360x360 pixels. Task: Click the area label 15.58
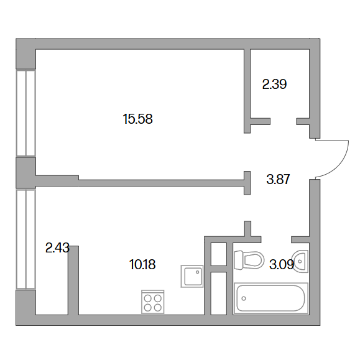[x=138, y=119]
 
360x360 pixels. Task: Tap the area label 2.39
[x=274, y=85]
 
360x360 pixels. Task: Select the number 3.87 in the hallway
[x=278, y=179]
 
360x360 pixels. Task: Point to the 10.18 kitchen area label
[x=142, y=264]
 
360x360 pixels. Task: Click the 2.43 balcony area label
[x=57, y=248]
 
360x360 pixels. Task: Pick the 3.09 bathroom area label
[x=282, y=265]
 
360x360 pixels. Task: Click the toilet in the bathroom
[x=249, y=261]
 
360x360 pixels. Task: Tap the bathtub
[x=270, y=298]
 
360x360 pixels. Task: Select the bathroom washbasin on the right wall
[x=300, y=261]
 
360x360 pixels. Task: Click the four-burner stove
[x=153, y=302]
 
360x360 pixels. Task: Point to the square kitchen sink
[x=192, y=276]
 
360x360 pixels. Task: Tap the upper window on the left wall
[x=26, y=113]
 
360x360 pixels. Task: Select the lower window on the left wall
[x=26, y=239]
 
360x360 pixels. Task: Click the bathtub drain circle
[x=244, y=298]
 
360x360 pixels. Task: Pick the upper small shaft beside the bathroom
[x=219, y=254]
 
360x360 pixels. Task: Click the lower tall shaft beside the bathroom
[x=219, y=293]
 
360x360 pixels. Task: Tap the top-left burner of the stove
[x=147, y=298]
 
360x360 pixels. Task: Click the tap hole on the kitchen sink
[x=198, y=272]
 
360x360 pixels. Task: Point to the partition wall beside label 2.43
[x=73, y=280]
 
